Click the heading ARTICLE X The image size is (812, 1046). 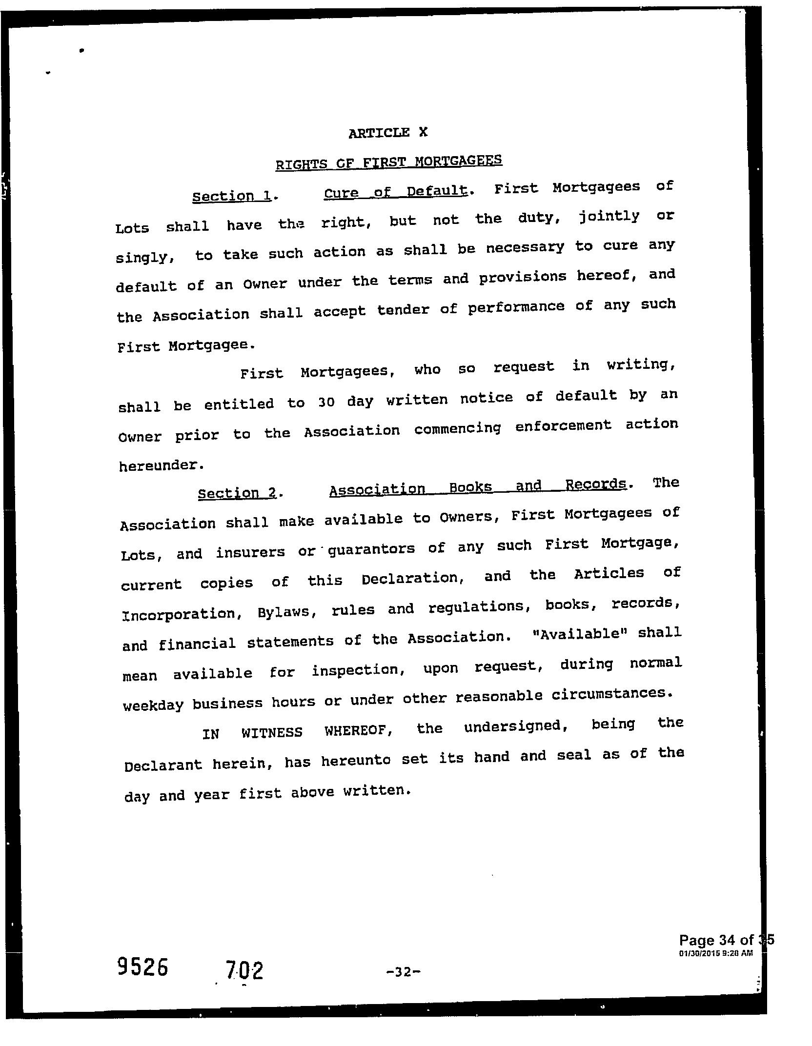click(x=388, y=133)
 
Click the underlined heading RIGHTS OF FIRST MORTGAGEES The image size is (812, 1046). click(x=389, y=162)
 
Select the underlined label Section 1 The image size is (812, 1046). click(x=234, y=196)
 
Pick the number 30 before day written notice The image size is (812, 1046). click(x=326, y=402)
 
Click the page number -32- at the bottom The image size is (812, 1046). click(x=403, y=971)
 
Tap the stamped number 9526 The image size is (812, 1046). click(x=142, y=966)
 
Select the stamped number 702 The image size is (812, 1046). click(x=244, y=970)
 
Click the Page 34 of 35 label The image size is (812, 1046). click(x=726, y=940)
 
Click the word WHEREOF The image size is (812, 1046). click(x=360, y=731)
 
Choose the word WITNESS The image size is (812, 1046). click(x=272, y=732)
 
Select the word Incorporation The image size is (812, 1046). click(x=179, y=614)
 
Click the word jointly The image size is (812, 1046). click(x=609, y=216)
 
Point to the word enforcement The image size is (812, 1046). click(x=563, y=426)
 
